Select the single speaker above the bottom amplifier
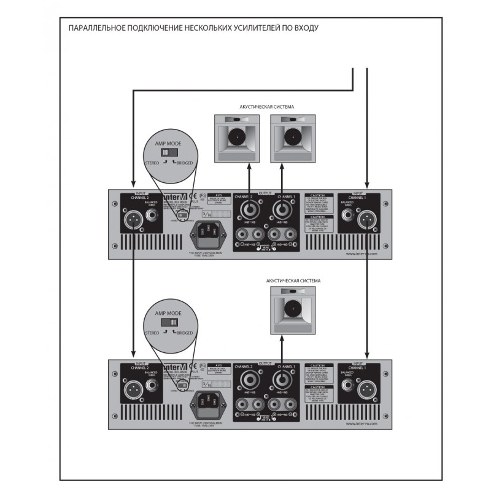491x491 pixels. [292, 310]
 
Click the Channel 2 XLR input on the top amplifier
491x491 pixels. [133, 218]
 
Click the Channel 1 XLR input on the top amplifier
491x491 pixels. [366, 218]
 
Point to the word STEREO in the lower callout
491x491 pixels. [151, 333]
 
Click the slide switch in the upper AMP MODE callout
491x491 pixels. [168, 152]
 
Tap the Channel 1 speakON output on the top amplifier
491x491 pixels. [282, 210]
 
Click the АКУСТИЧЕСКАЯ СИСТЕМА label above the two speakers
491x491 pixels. [266, 107]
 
